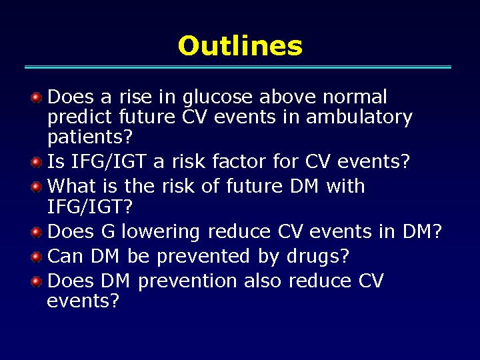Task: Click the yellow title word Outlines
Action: [240, 45]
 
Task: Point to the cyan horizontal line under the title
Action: [238, 67]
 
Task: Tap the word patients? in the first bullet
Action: [90, 137]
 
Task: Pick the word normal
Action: [355, 97]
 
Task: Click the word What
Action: [71, 185]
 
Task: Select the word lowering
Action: [161, 233]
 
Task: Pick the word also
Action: [263, 281]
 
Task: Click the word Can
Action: [65, 256]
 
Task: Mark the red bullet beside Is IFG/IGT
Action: [37, 162]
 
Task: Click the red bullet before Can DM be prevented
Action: [37, 257]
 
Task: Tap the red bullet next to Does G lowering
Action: [37, 232]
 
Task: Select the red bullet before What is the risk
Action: [37, 187]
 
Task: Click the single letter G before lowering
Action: [108, 231]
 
